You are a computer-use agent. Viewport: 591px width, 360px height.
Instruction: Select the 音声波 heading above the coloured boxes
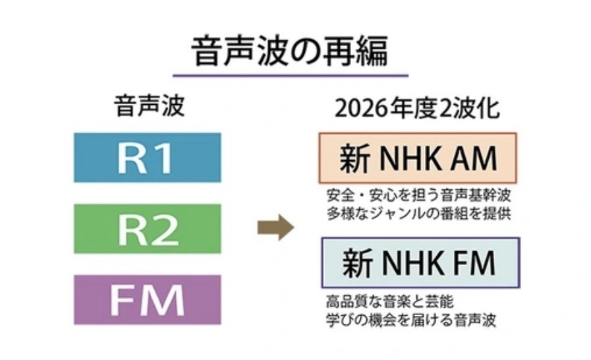click(x=146, y=108)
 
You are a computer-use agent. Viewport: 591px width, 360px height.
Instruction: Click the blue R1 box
click(x=146, y=157)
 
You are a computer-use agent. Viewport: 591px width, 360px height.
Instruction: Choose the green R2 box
click(x=146, y=227)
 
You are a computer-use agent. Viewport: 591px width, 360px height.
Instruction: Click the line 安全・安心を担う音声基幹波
click(x=419, y=196)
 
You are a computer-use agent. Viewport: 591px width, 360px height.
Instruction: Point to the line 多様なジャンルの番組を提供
click(x=419, y=214)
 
